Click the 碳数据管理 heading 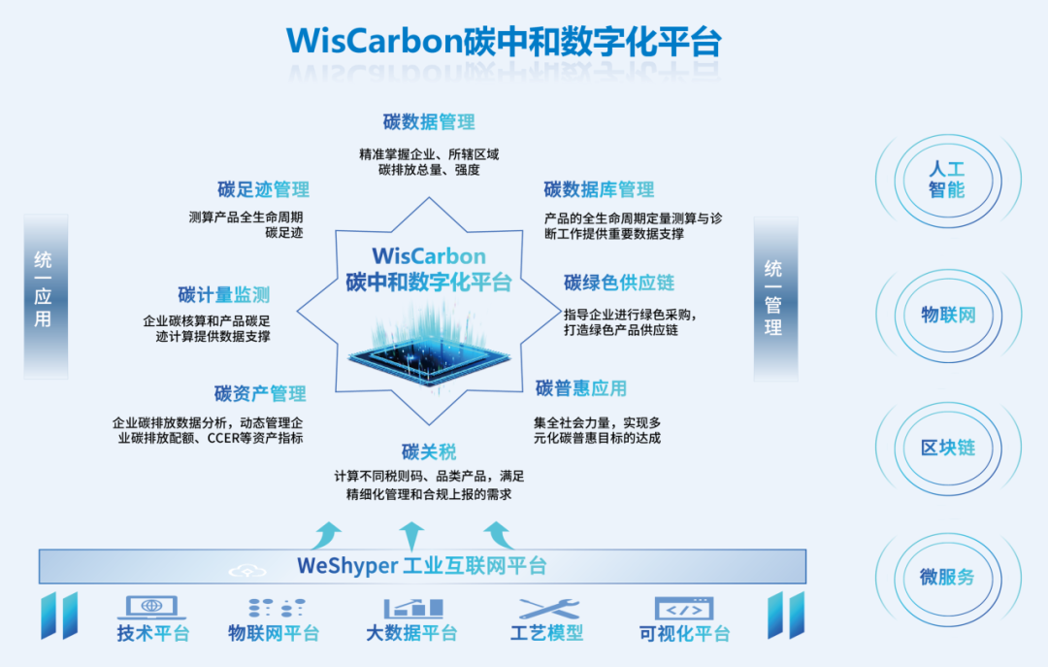coord(429,122)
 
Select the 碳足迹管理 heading coord(263,189)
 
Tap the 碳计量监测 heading coord(223,294)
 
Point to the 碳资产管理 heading coord(260,393)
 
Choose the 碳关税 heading coord(429,452)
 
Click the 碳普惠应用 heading coord(580,388)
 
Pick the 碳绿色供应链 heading coord(619,283)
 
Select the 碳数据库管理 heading coord(599,189)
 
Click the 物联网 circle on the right coord(947,315)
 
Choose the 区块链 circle coord(947,448)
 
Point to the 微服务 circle coord(947,577)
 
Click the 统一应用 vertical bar coord(45,295)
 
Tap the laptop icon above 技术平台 coord(152,608)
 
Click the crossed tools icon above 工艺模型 coord(548,609)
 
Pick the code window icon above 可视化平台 coord(684,609)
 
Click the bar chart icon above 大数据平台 coord(412,609)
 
